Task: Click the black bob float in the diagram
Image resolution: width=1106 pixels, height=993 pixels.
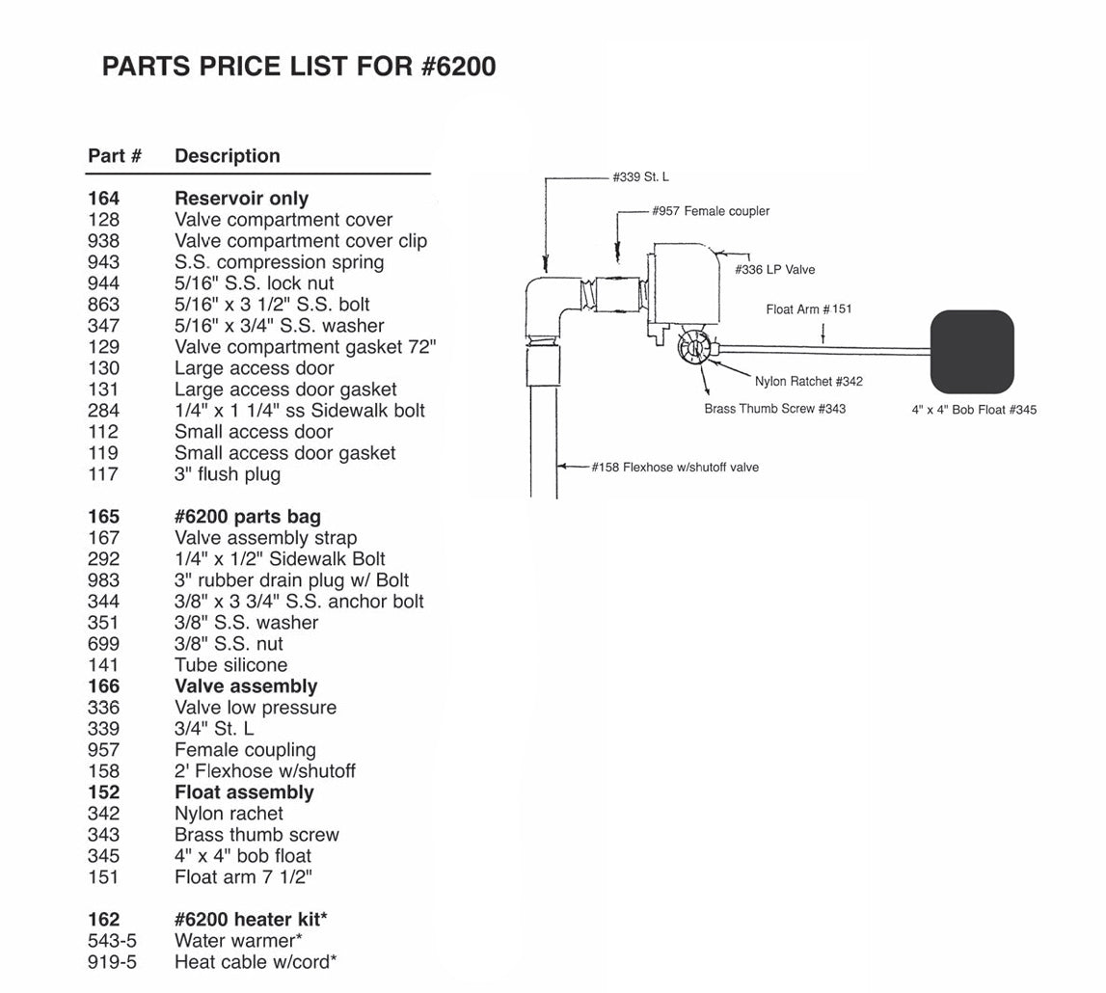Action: pos(972,351)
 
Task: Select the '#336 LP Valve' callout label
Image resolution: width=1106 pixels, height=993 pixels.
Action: pos(774,269)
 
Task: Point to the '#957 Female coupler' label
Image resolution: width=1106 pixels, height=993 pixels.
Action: pos(711,211)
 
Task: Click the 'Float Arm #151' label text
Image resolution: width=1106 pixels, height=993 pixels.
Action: pos(809,309)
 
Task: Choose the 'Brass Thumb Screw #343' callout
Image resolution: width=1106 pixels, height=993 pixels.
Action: pos(774,409)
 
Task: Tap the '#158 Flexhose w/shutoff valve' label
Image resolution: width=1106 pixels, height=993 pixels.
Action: pos(675,467)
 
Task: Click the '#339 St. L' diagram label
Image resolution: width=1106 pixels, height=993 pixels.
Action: pos(640,177)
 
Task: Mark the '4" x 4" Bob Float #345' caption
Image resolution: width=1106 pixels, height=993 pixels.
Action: pos(974,410)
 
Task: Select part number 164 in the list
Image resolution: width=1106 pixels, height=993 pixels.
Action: pos(104,199)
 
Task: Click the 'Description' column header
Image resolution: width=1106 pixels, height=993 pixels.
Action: pos(228,156)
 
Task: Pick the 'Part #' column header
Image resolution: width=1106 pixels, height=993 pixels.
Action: pos(115,156)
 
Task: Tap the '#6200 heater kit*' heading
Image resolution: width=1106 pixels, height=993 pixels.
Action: pos(251,919)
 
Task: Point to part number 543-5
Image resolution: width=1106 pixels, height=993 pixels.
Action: pos(112,941)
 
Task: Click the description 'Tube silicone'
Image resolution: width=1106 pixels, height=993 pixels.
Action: pos(230,665)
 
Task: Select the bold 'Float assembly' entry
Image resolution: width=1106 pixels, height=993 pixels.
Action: pos(244,792)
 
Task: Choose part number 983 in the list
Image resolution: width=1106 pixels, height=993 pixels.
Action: pos(104,580)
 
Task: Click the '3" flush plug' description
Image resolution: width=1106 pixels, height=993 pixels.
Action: pos(228,474)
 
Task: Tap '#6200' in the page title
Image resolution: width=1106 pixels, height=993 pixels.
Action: pos(458,67)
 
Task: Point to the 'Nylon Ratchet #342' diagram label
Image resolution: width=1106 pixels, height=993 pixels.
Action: pos(808,382)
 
